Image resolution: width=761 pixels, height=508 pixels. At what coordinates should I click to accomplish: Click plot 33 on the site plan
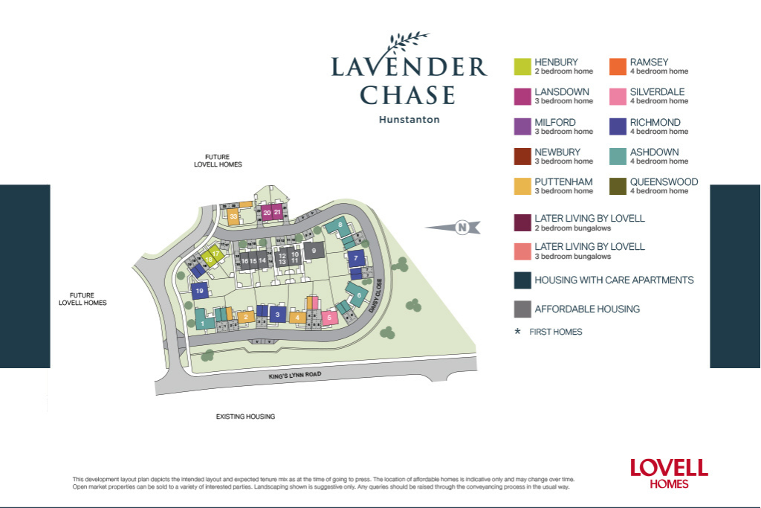[233, 217]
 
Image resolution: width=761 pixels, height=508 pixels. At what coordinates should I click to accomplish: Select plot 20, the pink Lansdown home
[268, 213]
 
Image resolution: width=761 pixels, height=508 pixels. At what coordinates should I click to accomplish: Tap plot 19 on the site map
[199, 292]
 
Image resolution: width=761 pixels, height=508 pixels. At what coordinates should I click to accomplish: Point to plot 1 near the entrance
[201, 324]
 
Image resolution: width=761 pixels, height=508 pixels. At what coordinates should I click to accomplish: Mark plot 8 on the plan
[340, 225]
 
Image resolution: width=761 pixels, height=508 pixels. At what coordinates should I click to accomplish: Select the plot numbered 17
[215, 254]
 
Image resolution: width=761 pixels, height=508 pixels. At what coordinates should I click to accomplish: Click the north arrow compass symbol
[462, 228]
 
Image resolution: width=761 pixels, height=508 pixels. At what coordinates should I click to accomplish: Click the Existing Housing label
[245, 417]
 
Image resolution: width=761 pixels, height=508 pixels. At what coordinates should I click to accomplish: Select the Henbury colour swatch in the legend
[522, 67]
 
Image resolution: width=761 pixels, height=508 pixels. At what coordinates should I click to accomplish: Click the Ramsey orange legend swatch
[618, 67]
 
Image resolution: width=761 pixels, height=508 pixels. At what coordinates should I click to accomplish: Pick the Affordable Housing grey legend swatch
[522, 309]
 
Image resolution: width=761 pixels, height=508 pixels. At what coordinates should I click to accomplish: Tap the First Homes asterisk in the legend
[517, 332]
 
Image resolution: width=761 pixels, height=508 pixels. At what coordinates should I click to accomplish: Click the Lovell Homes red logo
[669, 473]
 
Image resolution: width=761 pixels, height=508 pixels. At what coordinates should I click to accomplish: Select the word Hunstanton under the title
[409, 119]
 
